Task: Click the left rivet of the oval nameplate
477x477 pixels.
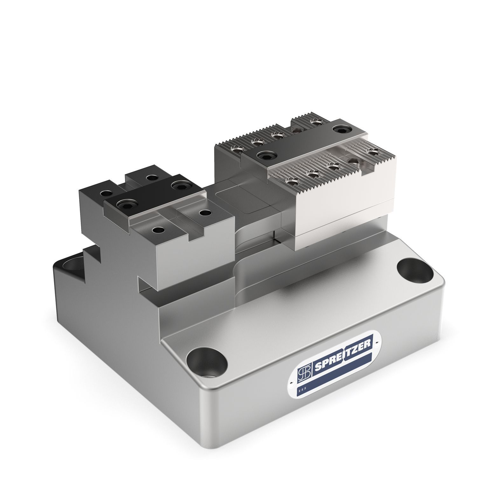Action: (292, 383)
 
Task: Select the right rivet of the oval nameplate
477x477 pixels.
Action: (376, 342)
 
